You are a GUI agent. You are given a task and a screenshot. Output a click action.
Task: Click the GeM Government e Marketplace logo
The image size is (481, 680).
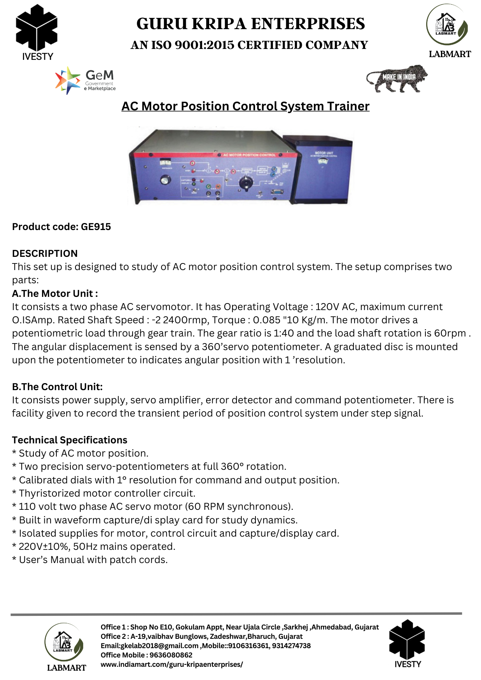coord(86,80)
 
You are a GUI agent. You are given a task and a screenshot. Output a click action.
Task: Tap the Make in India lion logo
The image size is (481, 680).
coord(396,78)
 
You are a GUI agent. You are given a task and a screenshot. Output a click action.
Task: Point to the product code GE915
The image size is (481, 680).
coord(96,227)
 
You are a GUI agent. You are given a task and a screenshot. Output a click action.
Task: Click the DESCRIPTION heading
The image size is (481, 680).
coord(45,253)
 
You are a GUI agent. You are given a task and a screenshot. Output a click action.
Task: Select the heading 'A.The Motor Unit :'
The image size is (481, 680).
coord(55,293)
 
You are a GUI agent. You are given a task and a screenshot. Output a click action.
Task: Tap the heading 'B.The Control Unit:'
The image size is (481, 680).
coord(57,387)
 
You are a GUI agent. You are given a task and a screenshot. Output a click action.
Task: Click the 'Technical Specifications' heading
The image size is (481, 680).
coord(70,440)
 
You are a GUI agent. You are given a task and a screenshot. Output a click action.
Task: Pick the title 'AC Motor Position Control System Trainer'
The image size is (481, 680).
coord(245,106)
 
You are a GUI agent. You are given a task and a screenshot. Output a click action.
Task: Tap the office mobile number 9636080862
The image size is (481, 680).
coord(171,655)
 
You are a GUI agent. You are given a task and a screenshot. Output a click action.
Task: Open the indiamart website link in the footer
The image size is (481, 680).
coord(171,664)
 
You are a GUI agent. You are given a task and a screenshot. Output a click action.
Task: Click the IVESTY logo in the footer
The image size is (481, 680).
coord(407,643)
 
